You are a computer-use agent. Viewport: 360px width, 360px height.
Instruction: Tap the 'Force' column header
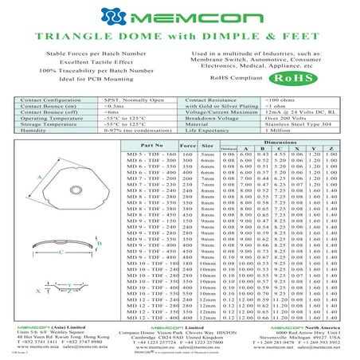(188, 146)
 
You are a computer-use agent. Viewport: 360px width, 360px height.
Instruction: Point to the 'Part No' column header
(152, 146)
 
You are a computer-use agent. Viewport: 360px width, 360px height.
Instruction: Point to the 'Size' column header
(207, 146)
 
